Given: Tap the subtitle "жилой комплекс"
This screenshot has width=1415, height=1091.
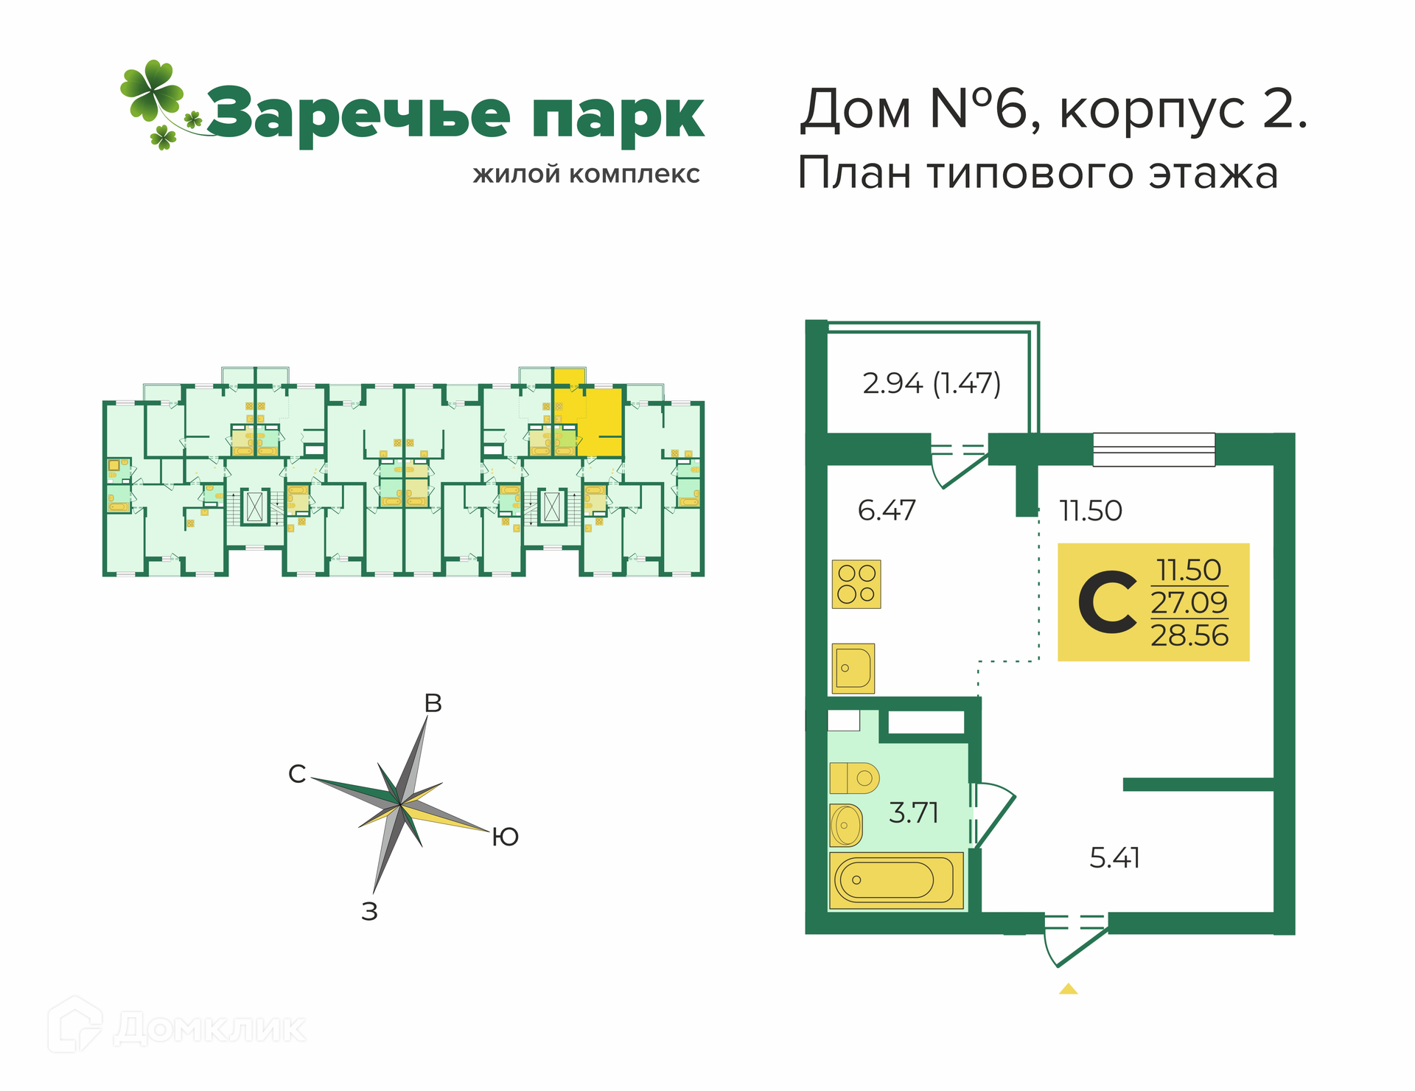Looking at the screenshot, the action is (x=586, y=175).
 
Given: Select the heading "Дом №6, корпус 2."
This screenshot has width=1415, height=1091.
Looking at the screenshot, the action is (x=1054, y=109).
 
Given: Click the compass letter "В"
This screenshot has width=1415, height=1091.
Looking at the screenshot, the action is (x=433, y=703).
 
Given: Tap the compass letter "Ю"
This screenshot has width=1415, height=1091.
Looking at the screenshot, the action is (x=506, y=837).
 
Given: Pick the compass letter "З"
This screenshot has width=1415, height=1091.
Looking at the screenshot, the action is (x=369, y=912).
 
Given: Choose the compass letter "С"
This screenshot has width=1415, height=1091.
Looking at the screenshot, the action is (x=297, y=774).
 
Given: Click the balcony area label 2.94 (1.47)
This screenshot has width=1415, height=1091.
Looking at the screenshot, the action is (x=932, y=383).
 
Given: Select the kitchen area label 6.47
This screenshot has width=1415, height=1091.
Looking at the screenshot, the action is (x=887, y=510).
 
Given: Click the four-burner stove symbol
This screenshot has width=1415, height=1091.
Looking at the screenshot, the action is (x=856, y=584).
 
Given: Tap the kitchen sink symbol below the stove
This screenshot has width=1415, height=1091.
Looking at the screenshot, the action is (x=853, y=669).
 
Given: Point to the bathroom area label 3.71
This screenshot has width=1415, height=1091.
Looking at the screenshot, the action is (x=914, y=812).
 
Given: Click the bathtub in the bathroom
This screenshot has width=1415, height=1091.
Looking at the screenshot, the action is (x=896, y=880).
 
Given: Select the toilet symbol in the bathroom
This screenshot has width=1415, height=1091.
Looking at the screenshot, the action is (x=854, y=778).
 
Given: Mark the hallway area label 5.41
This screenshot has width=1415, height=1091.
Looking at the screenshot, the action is (x=1114, y=858).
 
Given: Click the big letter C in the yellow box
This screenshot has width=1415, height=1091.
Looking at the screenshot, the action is (x=1107, y=602).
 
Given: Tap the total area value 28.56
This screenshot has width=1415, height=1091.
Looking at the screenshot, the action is (x=1189, y=635).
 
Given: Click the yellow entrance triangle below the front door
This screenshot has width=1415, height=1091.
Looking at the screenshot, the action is (x=1069, y=989).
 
